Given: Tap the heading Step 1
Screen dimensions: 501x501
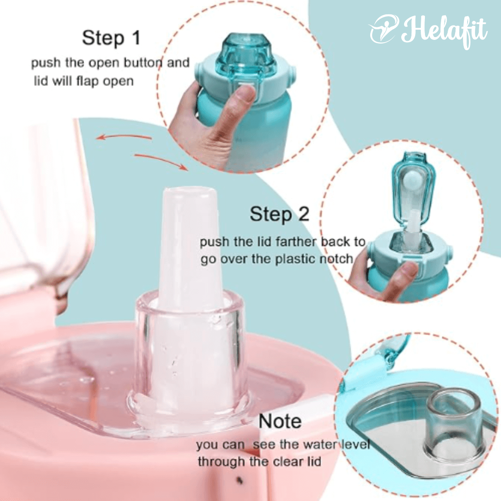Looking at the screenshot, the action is (111, 39).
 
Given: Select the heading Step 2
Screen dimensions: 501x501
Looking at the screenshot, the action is (280, 214).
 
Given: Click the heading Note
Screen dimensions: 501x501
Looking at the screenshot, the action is (280, 421).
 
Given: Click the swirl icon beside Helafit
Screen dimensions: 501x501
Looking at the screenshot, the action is (385, 29).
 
